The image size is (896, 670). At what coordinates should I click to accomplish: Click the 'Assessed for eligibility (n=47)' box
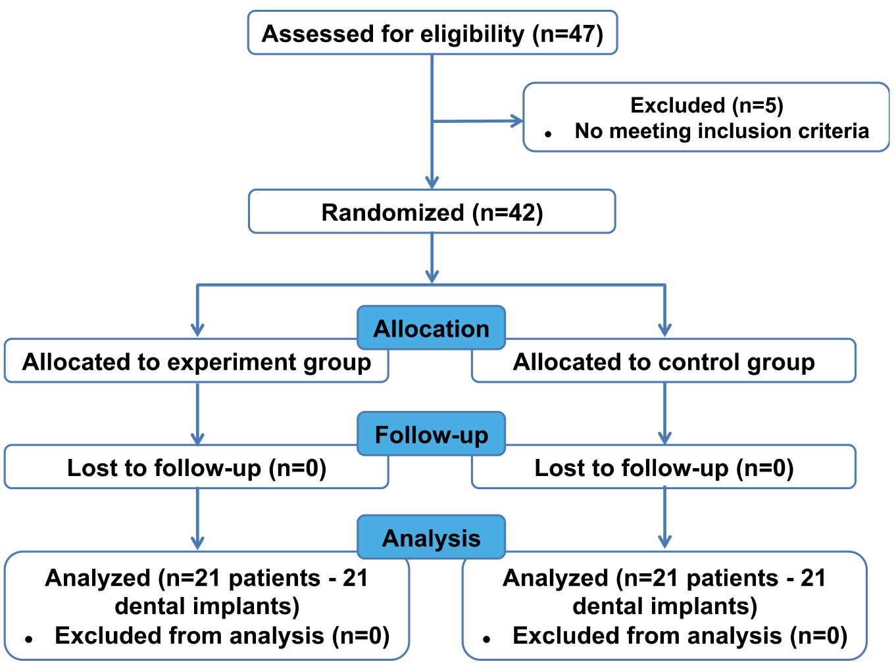click(432, 33)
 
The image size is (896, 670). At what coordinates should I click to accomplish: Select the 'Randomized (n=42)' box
click(432, 211)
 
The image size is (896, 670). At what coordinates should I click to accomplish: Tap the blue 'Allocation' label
click(431, 328)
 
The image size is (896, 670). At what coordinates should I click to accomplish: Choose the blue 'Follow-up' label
click(431, 434)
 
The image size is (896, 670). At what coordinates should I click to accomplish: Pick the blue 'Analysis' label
click(431, 537)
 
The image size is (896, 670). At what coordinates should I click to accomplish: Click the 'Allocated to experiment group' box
click(196, 361)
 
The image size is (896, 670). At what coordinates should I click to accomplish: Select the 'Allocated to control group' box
click(664, 361)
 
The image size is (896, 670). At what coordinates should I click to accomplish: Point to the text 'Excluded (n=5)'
click(707, 105)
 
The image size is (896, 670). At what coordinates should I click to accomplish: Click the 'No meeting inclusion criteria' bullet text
click(722, 131)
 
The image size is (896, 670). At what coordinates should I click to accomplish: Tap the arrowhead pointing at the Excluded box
click(516, 121)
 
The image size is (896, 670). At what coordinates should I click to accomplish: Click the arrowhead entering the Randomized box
click(432, 182)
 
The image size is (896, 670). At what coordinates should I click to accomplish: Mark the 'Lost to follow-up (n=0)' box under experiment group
click(196, 467)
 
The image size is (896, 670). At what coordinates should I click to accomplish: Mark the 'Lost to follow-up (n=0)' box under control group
click(664, 467)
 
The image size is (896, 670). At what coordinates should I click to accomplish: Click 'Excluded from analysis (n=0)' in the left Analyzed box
click(222, 636)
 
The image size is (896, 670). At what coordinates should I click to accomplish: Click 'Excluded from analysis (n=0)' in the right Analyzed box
click(680, 636)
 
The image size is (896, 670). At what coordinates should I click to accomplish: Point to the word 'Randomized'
click(393, 212)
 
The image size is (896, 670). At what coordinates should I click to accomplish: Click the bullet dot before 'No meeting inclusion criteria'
click(548, 134)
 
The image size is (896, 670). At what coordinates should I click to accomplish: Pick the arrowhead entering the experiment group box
click(197, 330)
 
